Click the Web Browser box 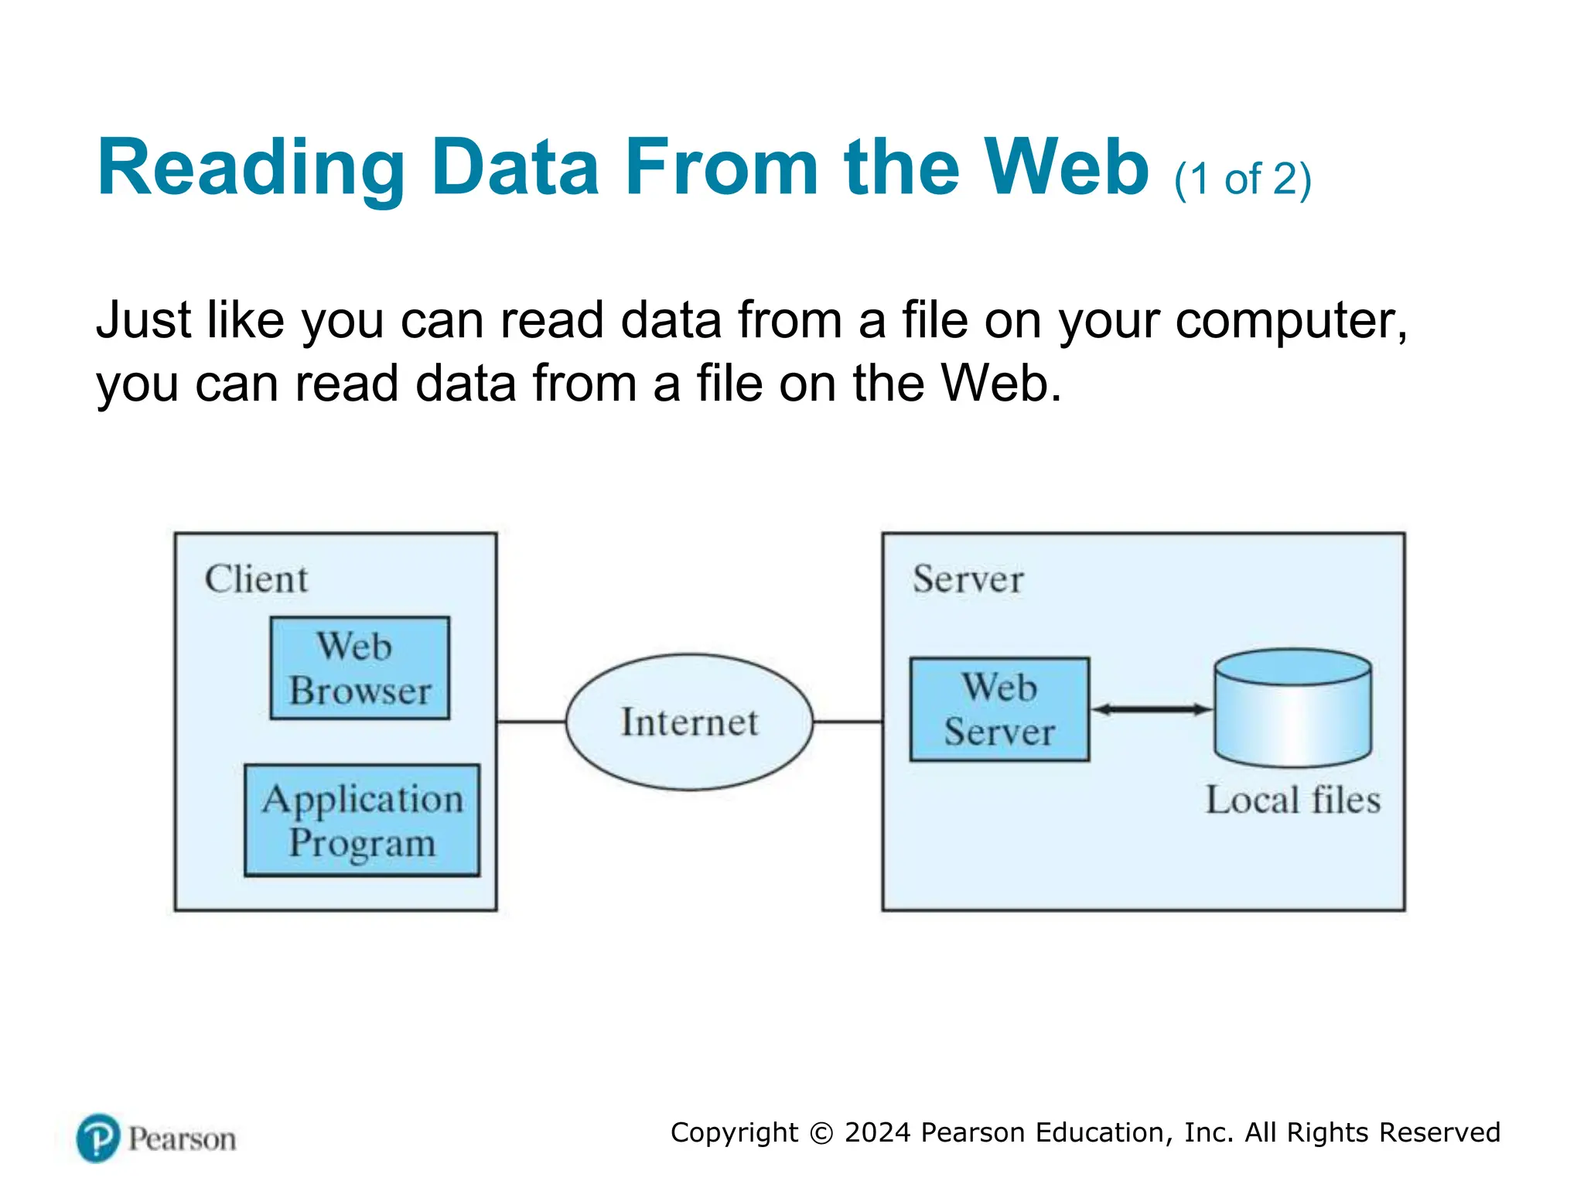coord(360,668)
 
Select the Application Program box coord(362,820)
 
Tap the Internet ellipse coord(689,722)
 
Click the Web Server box coord(999,709)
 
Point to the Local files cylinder coord(1292,708)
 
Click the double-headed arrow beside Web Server coord(1152,709)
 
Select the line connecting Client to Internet coord(531,722)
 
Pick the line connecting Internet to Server coord(848,722)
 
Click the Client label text coord(256,579)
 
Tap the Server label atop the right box coord(968,579)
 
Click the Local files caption coord(1292,800)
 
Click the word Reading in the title coord(251,168)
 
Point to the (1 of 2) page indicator coord(1242,179)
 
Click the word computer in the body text coord(1286,320)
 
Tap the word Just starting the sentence coord(143,320)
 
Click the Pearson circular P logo coord(98,1138)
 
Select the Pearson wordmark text coord(182,1139)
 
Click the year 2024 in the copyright coord(877,1132)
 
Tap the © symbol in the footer coord(821,1133)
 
